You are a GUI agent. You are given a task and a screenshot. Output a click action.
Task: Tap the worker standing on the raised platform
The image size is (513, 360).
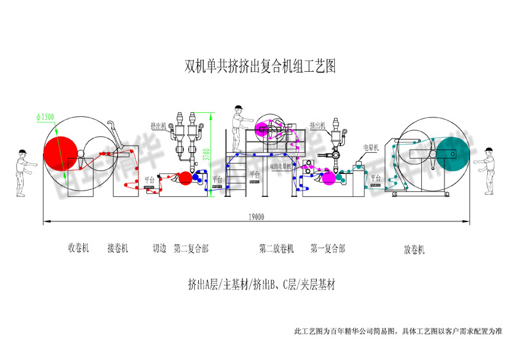240,121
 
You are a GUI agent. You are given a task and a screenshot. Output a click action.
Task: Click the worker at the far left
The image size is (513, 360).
22,172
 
